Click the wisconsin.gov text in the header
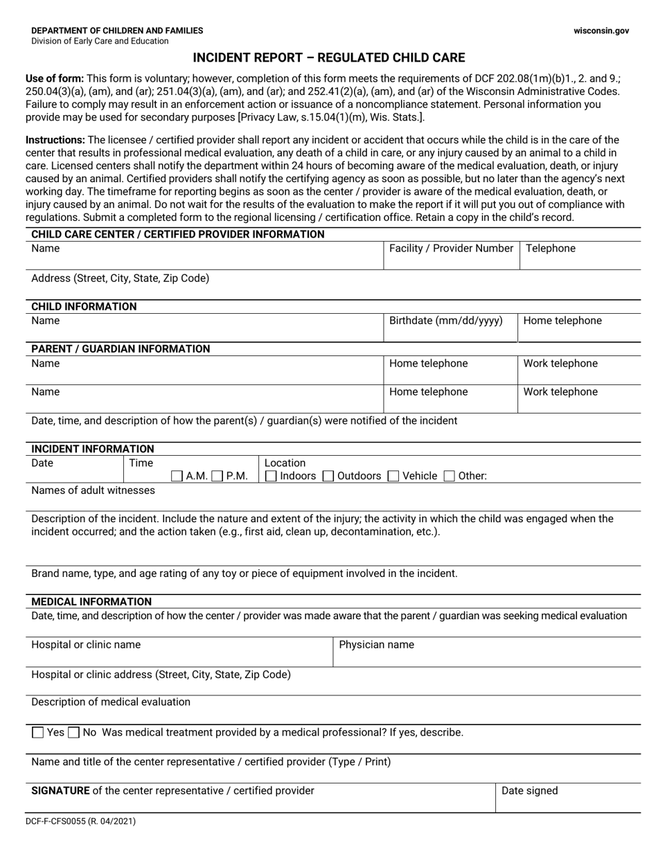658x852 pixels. click(x=601, y=30)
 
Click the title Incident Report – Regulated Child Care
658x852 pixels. click(x=329, y=57)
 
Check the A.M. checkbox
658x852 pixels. click(x=177, y=476)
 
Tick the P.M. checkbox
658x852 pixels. click(x=217, y=476)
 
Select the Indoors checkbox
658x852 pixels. click(x=272, y=476)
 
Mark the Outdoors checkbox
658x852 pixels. click(x=329, y=476)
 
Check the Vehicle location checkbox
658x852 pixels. click(x=393, y=476)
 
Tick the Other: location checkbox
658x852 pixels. click(x=450, y=476)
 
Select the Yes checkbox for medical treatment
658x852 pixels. click(x=38, y=733)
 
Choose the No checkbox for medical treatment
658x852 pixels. click(x=74, y=733)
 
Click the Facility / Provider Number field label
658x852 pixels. click(x=451, y=249)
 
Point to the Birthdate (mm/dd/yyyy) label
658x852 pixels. click(x=445, y=321)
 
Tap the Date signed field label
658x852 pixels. click(x=529, y=791)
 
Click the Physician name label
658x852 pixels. click(x=376, y=645)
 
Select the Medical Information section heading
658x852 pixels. click(x=91, y=602)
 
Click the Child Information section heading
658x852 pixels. click(x=84, y=307)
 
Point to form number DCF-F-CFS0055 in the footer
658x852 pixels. click(x=83, y=822)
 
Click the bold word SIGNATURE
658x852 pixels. click(x=60, y=791)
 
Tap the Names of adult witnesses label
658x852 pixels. click(x=93, y=490)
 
